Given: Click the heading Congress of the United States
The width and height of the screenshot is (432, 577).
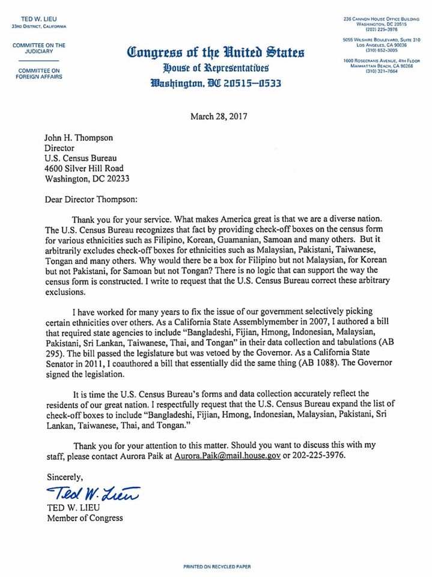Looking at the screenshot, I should [x=216, y=52].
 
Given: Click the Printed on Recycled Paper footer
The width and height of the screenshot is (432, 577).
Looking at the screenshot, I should [x=216, y=567].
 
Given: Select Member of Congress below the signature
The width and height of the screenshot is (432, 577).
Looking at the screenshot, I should [x=85, y=518].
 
